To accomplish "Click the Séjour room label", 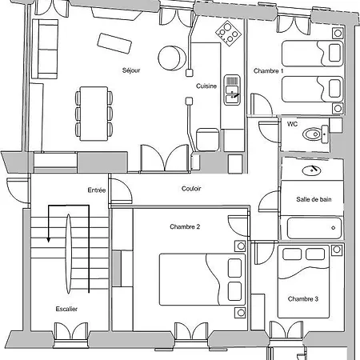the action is tap(131, 70).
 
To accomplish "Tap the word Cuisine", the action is tap(206, 86).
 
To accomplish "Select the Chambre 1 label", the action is tap(268, 71).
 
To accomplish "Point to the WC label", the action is tap(292, 124).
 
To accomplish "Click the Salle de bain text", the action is tap(314, 199).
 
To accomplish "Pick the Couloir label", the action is tap(191, 189).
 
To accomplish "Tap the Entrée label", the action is tap(97, 190).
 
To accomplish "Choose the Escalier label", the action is tap(66, 309).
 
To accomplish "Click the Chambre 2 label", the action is tap(185, 226).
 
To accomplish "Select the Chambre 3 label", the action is tap(303, 299).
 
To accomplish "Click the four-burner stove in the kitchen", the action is tap(229, 34).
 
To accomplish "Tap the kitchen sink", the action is tap(232, 90).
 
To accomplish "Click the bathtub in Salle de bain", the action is tap(314, 228).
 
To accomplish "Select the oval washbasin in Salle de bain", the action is tap(311, 170).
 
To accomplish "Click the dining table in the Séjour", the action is tap(94, 114).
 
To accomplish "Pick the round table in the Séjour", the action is tap(172, 58).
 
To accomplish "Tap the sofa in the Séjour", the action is tap(45, 49).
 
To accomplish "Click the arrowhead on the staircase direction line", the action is tap(48, 240).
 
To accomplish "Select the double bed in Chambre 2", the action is tap(202, 279).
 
